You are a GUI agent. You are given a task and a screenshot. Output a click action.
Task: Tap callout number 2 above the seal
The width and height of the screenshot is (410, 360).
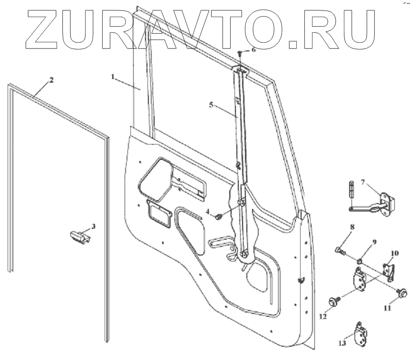(x=51, y=79)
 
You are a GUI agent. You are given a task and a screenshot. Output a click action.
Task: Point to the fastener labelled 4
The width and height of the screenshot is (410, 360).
(x=219, y=217)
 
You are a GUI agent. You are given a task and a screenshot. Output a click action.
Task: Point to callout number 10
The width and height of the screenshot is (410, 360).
(x=395, y=253)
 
